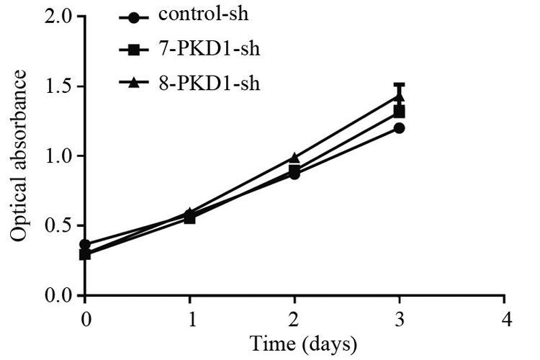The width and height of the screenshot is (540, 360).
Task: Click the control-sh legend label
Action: point(203,14)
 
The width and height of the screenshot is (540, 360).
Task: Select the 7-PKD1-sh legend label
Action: point(209,48)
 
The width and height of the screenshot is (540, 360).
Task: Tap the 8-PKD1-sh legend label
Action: point(209,83)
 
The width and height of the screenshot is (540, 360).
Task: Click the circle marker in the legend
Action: point(134,17)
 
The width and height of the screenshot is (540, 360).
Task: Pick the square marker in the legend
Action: point(134,50)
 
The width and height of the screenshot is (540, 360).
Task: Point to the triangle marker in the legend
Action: point(134,83)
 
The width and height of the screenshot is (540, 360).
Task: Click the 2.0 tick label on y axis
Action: point(60,17)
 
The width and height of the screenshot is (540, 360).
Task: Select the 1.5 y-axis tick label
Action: point(60,86)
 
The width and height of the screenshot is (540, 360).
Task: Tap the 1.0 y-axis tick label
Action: point(60,156)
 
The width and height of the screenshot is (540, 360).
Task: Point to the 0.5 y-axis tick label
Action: point(60,225)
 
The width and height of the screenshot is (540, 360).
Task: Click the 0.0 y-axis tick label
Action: point(60,295)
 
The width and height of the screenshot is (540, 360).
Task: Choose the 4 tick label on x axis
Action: point(506,319)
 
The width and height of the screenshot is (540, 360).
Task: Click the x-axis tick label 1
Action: point(192,319)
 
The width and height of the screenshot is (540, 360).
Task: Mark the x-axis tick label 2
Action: point(294,319)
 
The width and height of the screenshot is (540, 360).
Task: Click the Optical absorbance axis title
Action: point(18,156)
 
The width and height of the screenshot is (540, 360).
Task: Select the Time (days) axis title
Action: point(303,344)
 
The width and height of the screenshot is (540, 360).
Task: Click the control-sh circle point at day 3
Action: point(399,128)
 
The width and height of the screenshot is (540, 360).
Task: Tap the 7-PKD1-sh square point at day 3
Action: point(399,112)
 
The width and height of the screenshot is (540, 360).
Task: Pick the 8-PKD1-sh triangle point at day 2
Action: point(294,158)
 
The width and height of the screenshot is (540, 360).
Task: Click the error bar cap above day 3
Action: point(399,84)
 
